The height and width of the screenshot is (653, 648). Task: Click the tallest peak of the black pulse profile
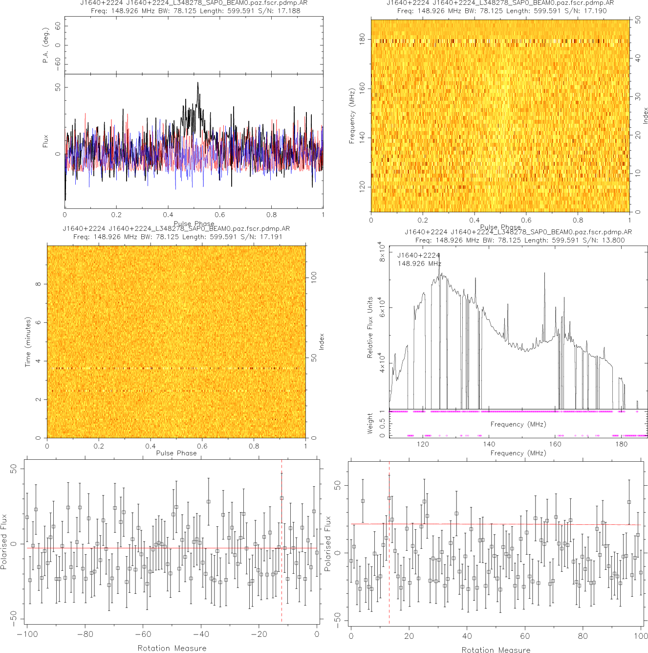pyautogui.click(x=197, y=83)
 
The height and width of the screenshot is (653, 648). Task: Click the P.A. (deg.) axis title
pyautogui.click(x=45, y=45)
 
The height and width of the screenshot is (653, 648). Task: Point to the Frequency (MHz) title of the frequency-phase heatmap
pyautogui.click(x=351, y=116)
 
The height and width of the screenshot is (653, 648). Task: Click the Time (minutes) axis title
pyautogui.click(x=28, y=342)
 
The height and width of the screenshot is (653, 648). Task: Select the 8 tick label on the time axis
pyautogui.click(x=38, y=284)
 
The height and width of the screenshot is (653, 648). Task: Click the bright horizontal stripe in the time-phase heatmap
pyautogui.click(x=176, y=368)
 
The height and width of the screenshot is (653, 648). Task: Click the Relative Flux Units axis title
pyautogui.click(x=370, y=327)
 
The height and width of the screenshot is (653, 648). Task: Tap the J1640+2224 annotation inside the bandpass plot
pyautogui.click(x=418, y=255)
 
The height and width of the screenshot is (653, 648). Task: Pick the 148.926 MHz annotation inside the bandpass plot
pyautogui.click(x=419, y=264)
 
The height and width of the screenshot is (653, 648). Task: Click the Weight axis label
pyautogui.click(x=370, y=423)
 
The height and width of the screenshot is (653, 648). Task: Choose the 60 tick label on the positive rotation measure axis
pyautogui.click(x=525, y=636)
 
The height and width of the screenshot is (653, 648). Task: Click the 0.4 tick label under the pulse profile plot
pyautogui.click(x=168, y=215)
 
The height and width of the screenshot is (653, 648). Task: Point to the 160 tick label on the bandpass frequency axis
pyautogui.click(x=555, y=444)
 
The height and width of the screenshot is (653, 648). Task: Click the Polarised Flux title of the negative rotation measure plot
pyautogui.click(x=4, y=541)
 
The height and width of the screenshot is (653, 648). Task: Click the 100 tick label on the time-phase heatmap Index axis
pyautogui.click(x=314, y=277)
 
